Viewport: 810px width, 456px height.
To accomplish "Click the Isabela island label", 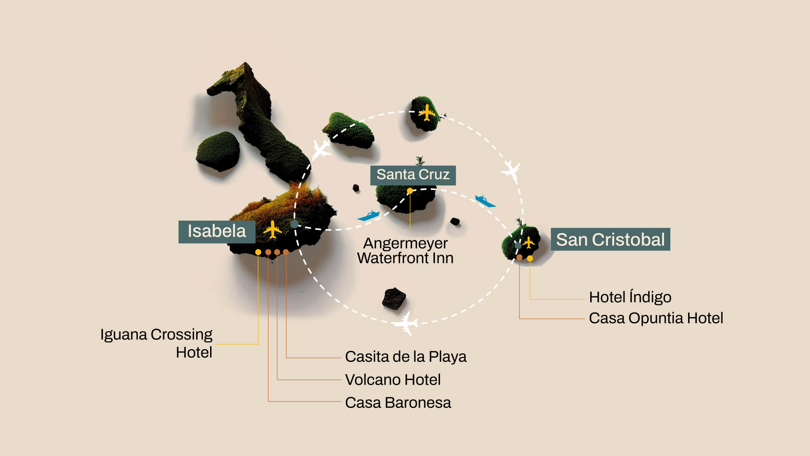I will (217, 231).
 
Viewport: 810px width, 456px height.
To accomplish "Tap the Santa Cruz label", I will (413, 175).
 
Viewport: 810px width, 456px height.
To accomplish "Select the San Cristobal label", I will (610, 239).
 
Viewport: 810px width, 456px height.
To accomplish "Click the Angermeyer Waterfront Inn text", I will (405, 251).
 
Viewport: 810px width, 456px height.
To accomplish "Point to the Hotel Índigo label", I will (630, 297).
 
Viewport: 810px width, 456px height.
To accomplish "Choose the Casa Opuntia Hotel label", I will (656, 318).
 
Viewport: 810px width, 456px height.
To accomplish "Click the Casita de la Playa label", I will (405, 357).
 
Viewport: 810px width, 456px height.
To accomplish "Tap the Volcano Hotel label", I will (393, 380).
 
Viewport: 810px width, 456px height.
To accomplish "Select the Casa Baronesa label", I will (398, 403).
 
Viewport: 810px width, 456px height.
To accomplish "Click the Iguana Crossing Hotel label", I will (157, 343).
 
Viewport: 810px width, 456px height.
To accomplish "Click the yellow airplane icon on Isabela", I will (273, 230).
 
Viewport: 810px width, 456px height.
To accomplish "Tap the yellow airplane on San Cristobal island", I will (529, 243).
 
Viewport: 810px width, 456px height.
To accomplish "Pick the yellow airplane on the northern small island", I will (427, 113).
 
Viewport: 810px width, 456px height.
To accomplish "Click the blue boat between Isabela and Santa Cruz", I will (369, 216).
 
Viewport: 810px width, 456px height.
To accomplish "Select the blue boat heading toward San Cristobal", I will (485, 201).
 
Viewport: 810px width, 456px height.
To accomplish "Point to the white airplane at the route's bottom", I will (406, 324).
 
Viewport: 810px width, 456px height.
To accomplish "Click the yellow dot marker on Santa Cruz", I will (410, 191).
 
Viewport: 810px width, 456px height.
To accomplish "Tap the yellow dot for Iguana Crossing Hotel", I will (258, 252).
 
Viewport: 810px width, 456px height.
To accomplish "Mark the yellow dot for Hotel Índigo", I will (530, 258).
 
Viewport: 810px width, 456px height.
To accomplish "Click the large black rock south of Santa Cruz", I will (394, 298).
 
